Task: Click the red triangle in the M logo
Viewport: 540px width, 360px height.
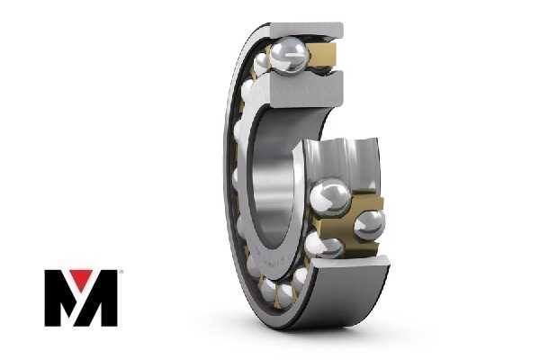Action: pos(81,278)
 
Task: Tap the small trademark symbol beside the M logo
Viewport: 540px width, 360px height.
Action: pos(121,272)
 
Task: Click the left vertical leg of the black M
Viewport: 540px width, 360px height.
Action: pos(53,298)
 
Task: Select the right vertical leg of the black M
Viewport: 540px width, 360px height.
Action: pos(109,298)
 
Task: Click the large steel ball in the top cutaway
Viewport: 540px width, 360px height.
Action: pos(289,56)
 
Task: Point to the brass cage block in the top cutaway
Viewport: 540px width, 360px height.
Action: pos(322,55)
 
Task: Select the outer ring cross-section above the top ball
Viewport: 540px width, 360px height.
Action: pos(306,30)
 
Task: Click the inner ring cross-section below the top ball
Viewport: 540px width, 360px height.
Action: pos(307,88)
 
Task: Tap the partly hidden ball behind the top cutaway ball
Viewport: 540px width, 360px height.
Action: pos(261,64)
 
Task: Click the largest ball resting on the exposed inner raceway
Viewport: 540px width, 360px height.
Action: pos(330,198)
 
